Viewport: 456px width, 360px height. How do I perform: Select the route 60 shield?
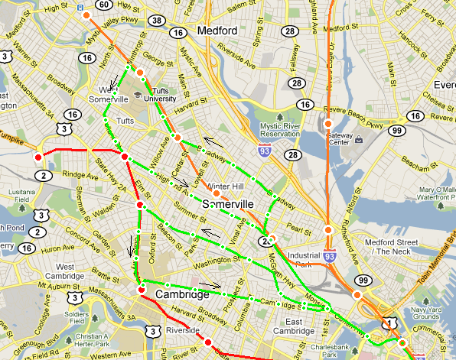(103, 5)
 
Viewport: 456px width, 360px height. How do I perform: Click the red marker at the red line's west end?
(37, 157)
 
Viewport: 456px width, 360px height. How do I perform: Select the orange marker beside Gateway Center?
(327, 124)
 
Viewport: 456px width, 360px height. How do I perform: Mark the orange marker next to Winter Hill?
(217, 194)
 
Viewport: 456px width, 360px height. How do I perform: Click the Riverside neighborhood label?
(188, 331)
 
